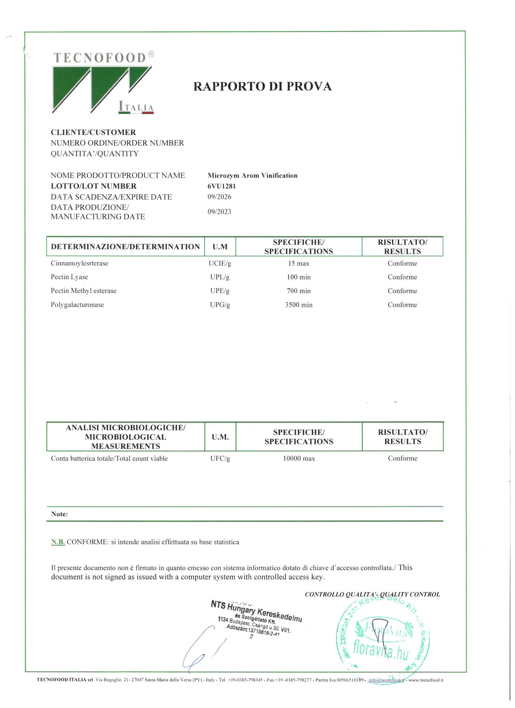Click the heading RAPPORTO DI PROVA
(x=262, y=87)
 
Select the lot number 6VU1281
(x=221, y=186)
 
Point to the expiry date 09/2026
(x=219, y=197)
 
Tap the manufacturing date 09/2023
(x=219, y=212)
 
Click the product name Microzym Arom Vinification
(x=252, y=175)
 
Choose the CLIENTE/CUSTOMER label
(x=93, y=132)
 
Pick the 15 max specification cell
(x=299, y=263)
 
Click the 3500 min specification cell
(x=299, y=305)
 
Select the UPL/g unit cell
(x=220, y=277)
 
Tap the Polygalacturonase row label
(x=77, y=305)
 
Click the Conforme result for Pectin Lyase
(x=402, y=277)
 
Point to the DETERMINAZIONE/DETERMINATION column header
(x=125, y=246)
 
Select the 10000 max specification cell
(x=299, y=458)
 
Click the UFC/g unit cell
(x=220, y=458)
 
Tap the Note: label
(x=59, y=514)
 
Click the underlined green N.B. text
(x=58, y=542)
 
